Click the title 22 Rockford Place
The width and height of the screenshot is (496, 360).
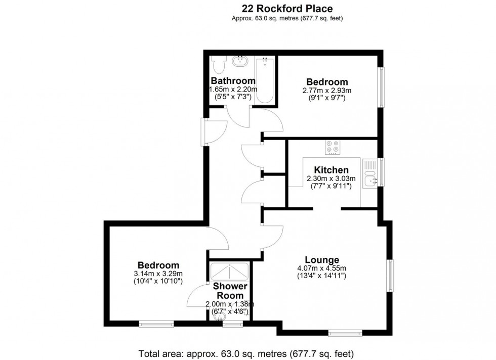click(x=288, y=8)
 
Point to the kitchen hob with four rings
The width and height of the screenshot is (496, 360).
click(x=333, y=147)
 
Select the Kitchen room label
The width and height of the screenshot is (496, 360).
click(x=331, y=170)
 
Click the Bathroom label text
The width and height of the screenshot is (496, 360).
click(x=233, y=81)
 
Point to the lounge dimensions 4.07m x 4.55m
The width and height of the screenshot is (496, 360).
click(x=322, y=268)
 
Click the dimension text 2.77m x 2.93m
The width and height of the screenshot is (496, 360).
click(x=327, y=91)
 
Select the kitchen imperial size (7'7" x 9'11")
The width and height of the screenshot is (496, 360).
click(x=331, y=186)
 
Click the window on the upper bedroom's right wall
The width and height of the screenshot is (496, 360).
click(x=382, y=87)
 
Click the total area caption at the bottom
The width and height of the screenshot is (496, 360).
click(x=245, y=353)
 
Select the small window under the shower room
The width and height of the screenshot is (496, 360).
click(x=232, y=324)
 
